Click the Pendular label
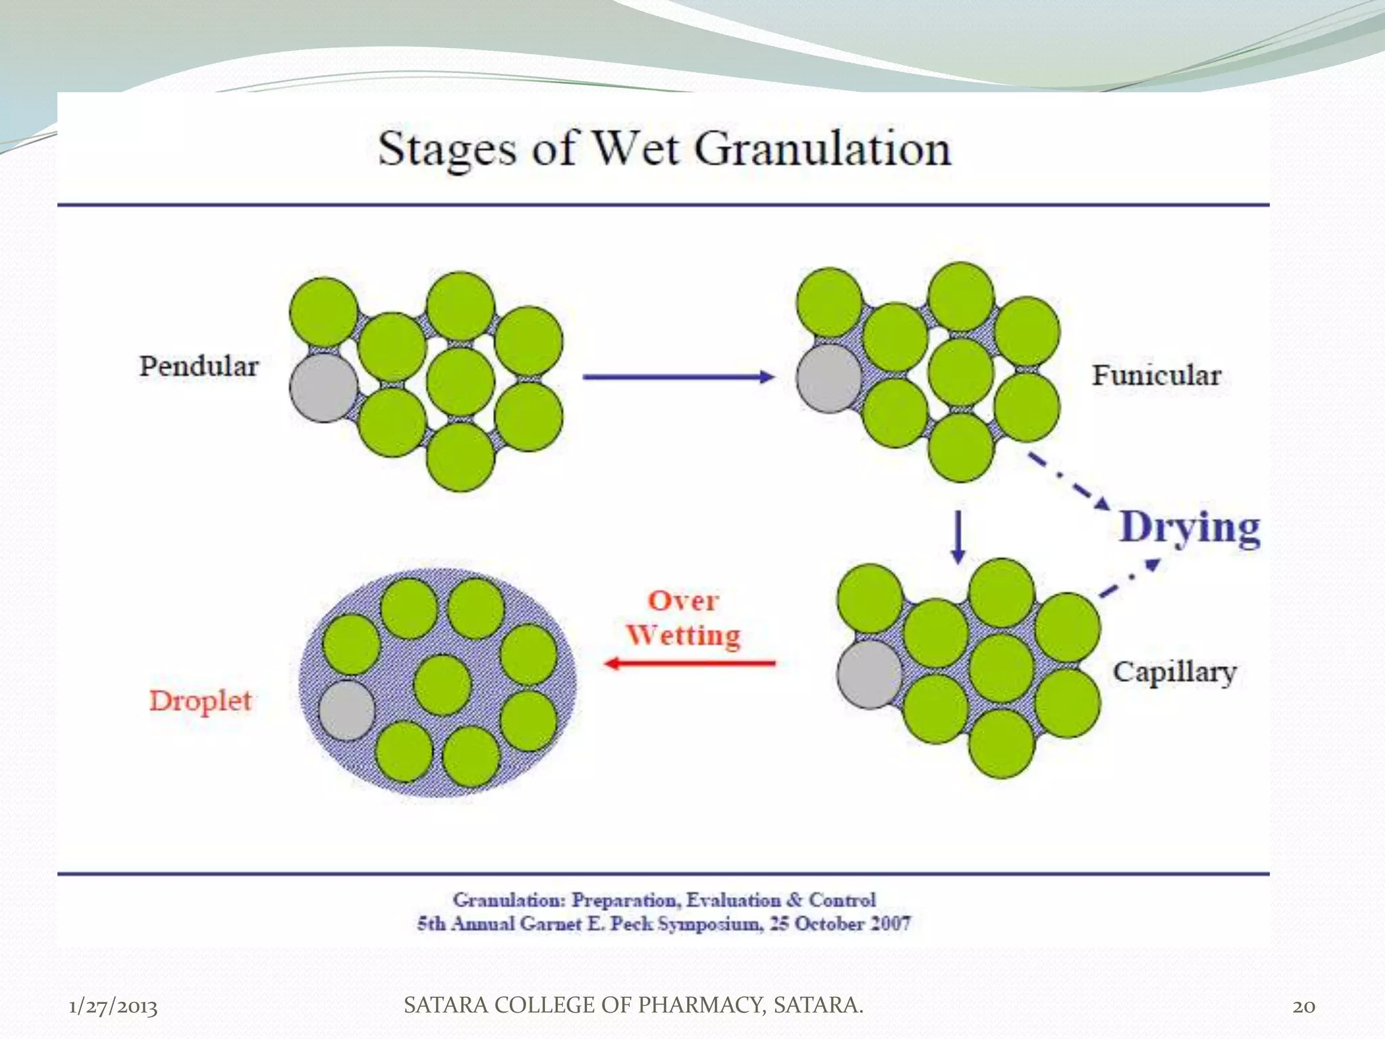[199, 367]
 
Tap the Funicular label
[1156, 375]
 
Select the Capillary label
[1175, 672]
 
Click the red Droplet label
[200, 701]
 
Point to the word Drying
[1190, 528]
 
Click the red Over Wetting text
[683, 618]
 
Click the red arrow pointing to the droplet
[690, 663]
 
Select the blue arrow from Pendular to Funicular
[678, 377]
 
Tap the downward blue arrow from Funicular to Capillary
[958, 536]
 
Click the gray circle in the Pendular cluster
[323, 388]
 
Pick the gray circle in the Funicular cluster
[829, 378]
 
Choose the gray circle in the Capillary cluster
[870, 674]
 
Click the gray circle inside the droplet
[346, 710]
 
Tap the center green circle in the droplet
[442, 685]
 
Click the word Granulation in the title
[822, 149]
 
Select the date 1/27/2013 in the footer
[113, 1007]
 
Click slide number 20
[1304, 1007]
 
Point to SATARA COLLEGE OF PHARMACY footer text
[633, 1005]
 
